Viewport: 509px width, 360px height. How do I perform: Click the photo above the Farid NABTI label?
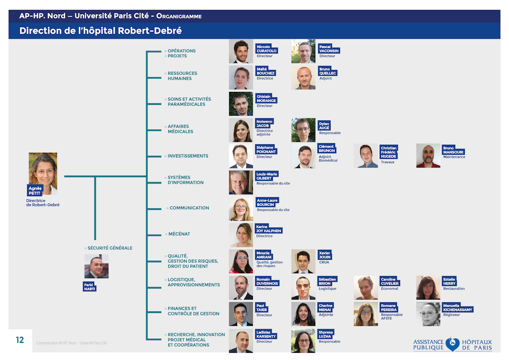point(96,266)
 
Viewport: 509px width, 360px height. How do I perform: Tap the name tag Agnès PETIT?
point(35,191)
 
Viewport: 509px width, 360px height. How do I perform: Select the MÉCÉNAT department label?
point(179,234)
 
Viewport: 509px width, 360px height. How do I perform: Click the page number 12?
point(20,340)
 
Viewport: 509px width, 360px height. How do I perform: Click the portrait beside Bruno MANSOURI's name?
point(428,156)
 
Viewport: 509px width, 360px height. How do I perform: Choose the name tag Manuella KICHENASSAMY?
point(457,307)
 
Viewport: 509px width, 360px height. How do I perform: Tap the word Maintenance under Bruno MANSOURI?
point(454,157)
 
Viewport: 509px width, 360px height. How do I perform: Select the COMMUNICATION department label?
point(189,208)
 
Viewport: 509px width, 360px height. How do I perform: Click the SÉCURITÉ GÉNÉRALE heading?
point(110,248)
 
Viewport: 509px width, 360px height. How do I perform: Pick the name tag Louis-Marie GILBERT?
point(267,176)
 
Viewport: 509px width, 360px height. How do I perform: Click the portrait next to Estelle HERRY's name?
point(428,288)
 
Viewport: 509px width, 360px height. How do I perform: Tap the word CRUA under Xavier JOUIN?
point(324,262)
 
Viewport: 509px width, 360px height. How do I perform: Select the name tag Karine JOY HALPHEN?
point(268,229)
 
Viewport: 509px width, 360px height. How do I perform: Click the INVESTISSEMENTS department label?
point(188,156)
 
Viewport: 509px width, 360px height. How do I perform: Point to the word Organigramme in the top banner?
point(179,16)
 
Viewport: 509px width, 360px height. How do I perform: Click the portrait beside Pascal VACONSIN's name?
point(303,51)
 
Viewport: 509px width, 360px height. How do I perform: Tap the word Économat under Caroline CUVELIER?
point(389,288)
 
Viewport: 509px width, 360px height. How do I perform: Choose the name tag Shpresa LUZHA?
point(326,334)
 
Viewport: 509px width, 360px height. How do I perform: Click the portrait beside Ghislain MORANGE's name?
point(241,104)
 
